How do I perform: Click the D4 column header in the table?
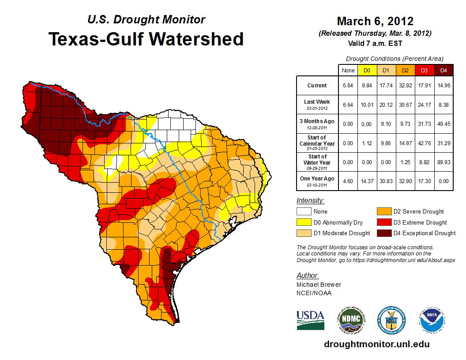pos(443,70)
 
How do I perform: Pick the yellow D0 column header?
pos(367,70)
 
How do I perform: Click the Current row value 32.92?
pos(405,86)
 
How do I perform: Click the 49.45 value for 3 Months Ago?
pos(443,124)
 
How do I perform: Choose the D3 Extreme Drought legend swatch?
pos(383,222)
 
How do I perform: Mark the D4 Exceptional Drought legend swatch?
pos(383,233)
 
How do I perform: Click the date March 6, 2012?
pos(375,21)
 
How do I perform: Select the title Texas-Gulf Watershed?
pos(146,39)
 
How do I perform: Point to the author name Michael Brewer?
pos(318,285)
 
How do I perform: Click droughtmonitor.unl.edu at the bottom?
pos(376,344)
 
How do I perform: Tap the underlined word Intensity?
pos(310,201)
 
